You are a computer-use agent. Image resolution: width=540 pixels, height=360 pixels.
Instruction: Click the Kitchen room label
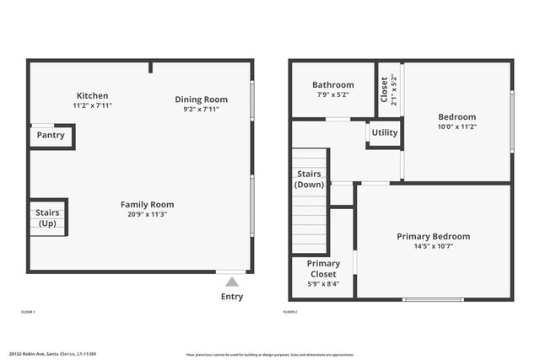click(x=93, y=95)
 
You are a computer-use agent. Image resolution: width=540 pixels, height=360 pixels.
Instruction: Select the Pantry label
click(x=51, y=135)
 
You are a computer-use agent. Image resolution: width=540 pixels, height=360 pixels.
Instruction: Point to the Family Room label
click(x=147, y=204)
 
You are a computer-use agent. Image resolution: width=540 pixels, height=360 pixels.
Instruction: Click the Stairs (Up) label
click(x=46, y=218)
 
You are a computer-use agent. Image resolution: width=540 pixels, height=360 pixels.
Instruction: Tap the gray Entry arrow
click(x=232, y=282)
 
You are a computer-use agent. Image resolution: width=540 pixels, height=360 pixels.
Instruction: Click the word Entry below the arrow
click(x=232, y=297)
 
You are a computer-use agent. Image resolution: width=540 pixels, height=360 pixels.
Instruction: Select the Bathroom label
click(x=332, y=84)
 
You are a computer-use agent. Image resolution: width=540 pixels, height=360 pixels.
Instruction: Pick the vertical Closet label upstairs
click(x=384, y=89)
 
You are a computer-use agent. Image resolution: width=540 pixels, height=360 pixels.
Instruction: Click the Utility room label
click(x=385, y=132)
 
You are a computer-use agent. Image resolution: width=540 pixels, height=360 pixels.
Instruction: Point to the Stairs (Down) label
click(x=309, y=179)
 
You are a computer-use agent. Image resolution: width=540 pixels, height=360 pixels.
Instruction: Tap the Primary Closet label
click(x=323, y=268)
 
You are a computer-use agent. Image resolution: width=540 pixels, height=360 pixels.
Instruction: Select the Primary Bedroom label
click(x=434, y=236)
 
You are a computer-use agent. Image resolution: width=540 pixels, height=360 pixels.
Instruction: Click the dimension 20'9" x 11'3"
click(x=147, y=214)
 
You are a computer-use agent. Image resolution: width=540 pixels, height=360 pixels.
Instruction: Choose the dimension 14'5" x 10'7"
click(x=434, y=246)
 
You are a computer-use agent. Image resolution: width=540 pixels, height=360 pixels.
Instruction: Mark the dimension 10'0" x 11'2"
click(x=456, y=126)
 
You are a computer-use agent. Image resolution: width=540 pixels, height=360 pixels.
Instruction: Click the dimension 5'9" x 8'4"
click(x=323, y=284)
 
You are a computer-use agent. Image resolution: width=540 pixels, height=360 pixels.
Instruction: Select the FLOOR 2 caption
click(x=290, y=312)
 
